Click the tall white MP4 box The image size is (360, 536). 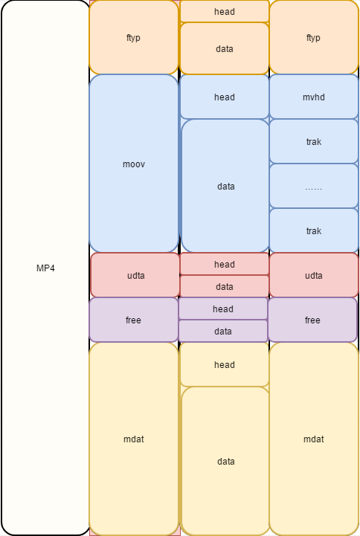(x=45, y=268)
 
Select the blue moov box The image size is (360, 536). (x=134, y=164)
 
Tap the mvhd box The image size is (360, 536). (x=313, y=97)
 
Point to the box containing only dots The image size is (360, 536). (x=313, y=186)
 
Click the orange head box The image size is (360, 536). (x=224, y=11)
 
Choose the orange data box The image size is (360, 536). (x=224, y=48)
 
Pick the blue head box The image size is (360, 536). (x=224, y=97)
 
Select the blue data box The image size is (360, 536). (x=225, y=186)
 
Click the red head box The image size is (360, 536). (x=224, y=264)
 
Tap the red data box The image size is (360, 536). (x=224, y=286)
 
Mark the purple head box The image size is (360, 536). (x=222, y=309)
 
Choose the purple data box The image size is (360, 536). (x=222, y=331)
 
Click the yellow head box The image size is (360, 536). (x=224, y=364)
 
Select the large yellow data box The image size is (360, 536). (x=225, y=461)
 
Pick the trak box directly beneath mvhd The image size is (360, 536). (x=313, y=141)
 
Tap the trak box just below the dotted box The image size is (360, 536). (x=313, y=230)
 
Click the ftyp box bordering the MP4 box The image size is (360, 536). (x=134, y=37)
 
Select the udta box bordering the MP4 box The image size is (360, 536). (x=135, y=275)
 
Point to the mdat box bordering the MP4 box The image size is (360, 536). (x=134, y=439)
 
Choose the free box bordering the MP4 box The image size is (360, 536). (x=134, y=320)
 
